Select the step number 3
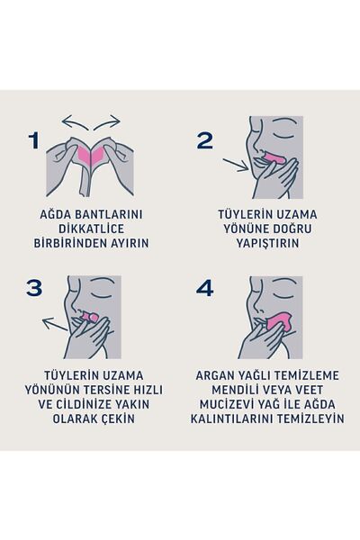pos(35,288)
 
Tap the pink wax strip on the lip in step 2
pos(274,163)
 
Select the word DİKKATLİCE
pos(94,229)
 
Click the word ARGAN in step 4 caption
pos(218,375)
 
